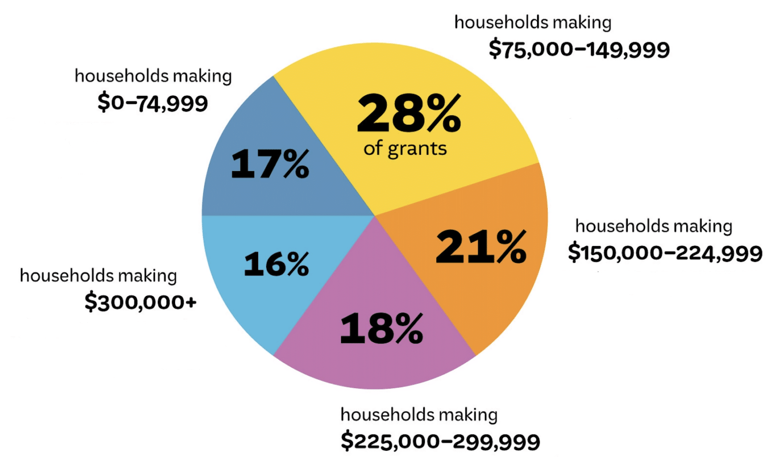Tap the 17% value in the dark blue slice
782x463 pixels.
point(270,164)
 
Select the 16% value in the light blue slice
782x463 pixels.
point(276,264)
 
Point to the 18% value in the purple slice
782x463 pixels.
point(381,329)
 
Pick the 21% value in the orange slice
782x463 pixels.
point(481,247)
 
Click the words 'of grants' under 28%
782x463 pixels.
point(405,149)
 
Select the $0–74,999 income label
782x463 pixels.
point(153,103)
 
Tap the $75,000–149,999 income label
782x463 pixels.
point(579,49)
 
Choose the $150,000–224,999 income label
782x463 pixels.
point(665,253)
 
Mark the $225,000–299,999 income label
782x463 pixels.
point(440,441)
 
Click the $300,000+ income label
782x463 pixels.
point(141,302)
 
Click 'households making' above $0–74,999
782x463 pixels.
point(153,76)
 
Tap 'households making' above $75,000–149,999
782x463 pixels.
point(533,22)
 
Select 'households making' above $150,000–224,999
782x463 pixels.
point(654,226)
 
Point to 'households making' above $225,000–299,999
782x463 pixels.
point(419,415)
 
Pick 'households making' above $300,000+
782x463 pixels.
point(98,276)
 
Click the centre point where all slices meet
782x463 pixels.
point(375,215)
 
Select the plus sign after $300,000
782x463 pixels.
point(191,303)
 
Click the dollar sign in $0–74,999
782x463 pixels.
point(103,103)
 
